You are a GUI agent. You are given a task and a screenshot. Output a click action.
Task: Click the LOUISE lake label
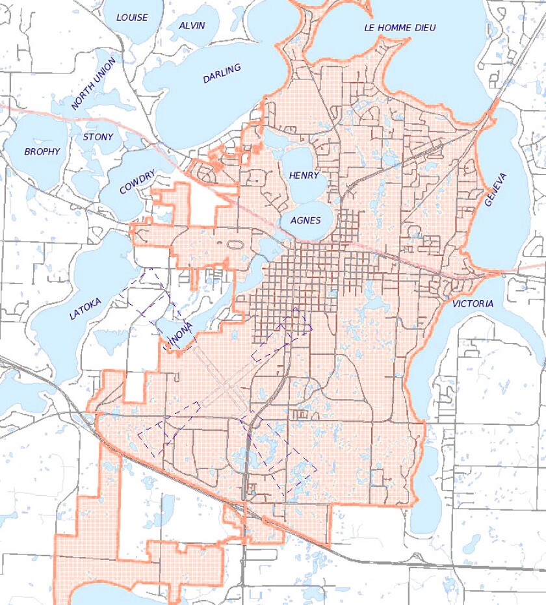(x=132, y=18)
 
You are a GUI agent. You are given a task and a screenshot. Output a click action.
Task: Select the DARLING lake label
(x=222, y=73)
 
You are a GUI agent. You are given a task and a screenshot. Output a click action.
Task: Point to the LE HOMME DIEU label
(x=400, y=27)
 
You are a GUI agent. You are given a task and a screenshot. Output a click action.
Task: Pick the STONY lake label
(x=98, y=137)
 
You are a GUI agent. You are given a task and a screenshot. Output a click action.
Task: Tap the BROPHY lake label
(x=42, y=152)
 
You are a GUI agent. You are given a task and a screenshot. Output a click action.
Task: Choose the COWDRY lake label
(x=137, y=182)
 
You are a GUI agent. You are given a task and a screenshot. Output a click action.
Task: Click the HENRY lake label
(x=304, y=176)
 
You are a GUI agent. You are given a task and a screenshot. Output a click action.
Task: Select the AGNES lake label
(x=305, y=220)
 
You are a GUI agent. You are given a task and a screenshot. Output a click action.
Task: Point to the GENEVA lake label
(x=495, y=189)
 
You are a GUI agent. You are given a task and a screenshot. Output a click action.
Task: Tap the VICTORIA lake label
(x=473, y=303)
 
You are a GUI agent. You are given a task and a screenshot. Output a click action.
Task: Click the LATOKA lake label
(x=85, y=306)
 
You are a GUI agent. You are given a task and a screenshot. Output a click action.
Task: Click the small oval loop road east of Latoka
(x=233, y=245)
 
